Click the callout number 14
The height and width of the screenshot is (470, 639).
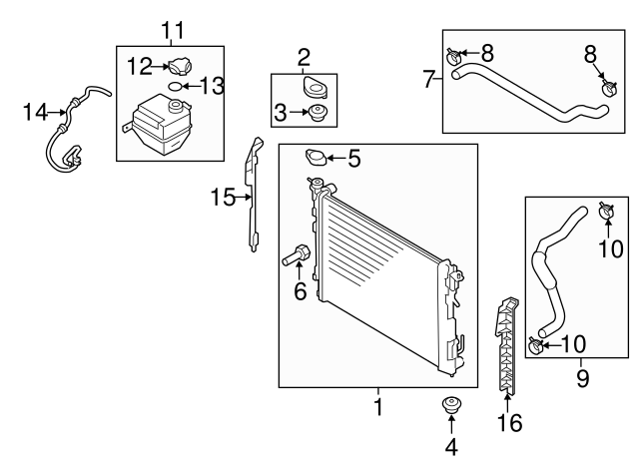pyautogui.click(x=36, y=112)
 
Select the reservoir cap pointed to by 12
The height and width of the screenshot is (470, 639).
pyautogui.click(x=180, y=66)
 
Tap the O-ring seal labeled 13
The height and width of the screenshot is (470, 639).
pyautogui.click(x=176, y=87)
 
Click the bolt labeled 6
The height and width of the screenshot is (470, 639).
pyautogui.click(x=297, y=254)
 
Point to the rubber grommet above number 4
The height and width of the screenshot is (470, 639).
pyautogui.click(x=451, y=405)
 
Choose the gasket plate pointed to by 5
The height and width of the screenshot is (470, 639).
pyautogui.click(x=316, y=158)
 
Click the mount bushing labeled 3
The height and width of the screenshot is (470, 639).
pyautogui.click(x=319, y=113)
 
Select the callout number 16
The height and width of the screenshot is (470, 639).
pyautogui.click(x=509, y=422)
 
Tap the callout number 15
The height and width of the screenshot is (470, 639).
pyautogui.click(x=223, y=198)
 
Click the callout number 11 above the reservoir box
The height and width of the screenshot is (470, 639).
pyautogui.click(x=173, y=30)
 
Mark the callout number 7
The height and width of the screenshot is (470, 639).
pyautogui.click(x=428, y=79)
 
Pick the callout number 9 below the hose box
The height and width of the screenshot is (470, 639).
pyautogui.click(x=583, y=378)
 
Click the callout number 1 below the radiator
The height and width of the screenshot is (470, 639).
pyautogui.click(x=378, y=406)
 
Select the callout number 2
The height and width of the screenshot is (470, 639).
pyautogui.click(x=304, y=58)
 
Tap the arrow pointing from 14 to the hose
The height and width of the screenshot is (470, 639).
pyautogui.click(x=58, y=112)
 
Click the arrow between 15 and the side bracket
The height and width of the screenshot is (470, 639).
pyautogui.click(x=244, y=198)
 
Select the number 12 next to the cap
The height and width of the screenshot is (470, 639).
pyautogui.click(x=140, y=66)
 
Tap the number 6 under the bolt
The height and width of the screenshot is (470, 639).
pyautogui.click(x=301, y=290)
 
